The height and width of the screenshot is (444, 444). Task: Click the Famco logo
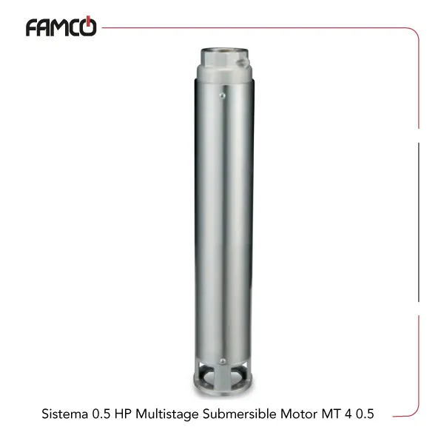pyautogui.click(x=61, y=27)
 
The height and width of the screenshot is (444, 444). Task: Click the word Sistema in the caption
pyautogui.click(x=65, y=414)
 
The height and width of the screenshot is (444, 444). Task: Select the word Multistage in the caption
pyautogui.click(x=167, y=414)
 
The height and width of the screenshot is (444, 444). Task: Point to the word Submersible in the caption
pyautogui.click(x=240, y=414)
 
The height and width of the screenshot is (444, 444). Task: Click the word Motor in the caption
pyautogui.click(x=299, y=414)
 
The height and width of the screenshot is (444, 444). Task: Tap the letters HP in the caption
pyautogui.click(x=123, y=414)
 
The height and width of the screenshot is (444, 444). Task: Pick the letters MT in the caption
pyautogui.click(x=331, y=414)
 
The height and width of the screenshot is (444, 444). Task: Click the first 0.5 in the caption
pyautogui.click(x=101, y=414)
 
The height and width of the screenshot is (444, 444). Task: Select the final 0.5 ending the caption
pyautogui.click(x=365, y=414)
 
